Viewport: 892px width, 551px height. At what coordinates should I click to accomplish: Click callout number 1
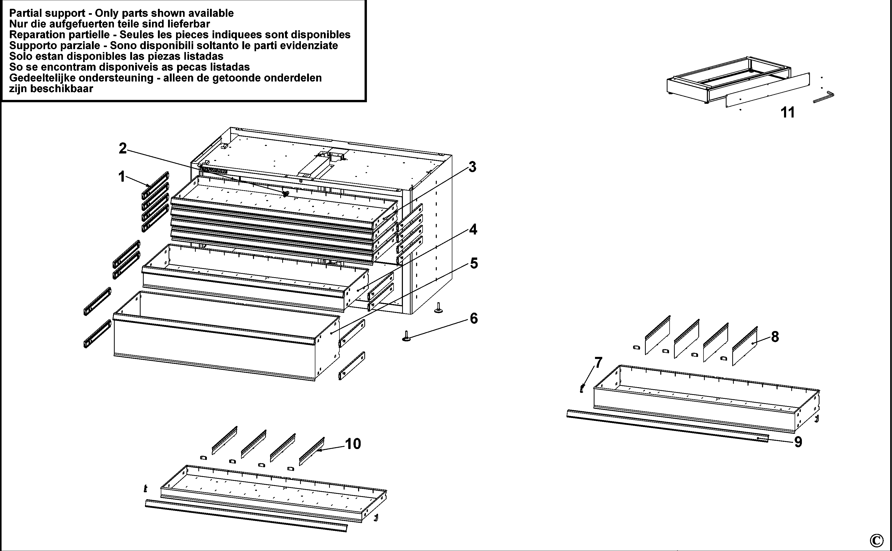pyautogui.click(x=122, y=177)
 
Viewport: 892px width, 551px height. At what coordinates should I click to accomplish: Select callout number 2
pyautogui.click(x=123, y=148)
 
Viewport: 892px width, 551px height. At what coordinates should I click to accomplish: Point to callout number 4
pyautogui.click(x=473, y=230)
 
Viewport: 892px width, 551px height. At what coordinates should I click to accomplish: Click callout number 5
pyautogui.click(x=474, y=263)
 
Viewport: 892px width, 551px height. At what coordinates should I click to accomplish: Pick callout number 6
pyautogui.click(x=474, y=319)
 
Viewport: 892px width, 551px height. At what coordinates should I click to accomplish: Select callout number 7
pyautogui.click(x=598, y=363)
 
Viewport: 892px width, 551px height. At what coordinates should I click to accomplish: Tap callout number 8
pyautogui.click(x=775, y=337)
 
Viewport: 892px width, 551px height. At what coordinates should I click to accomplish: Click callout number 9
pyautogui.click(x=798, y=442)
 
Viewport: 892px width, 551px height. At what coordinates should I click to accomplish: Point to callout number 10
pyautogui.click(x=353, y=444)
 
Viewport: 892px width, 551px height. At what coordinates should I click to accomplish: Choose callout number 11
pyautogui.click(x=788, y=113)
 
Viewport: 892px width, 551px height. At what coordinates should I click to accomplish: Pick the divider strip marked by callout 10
pyautogui.click(x=312, y=451)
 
